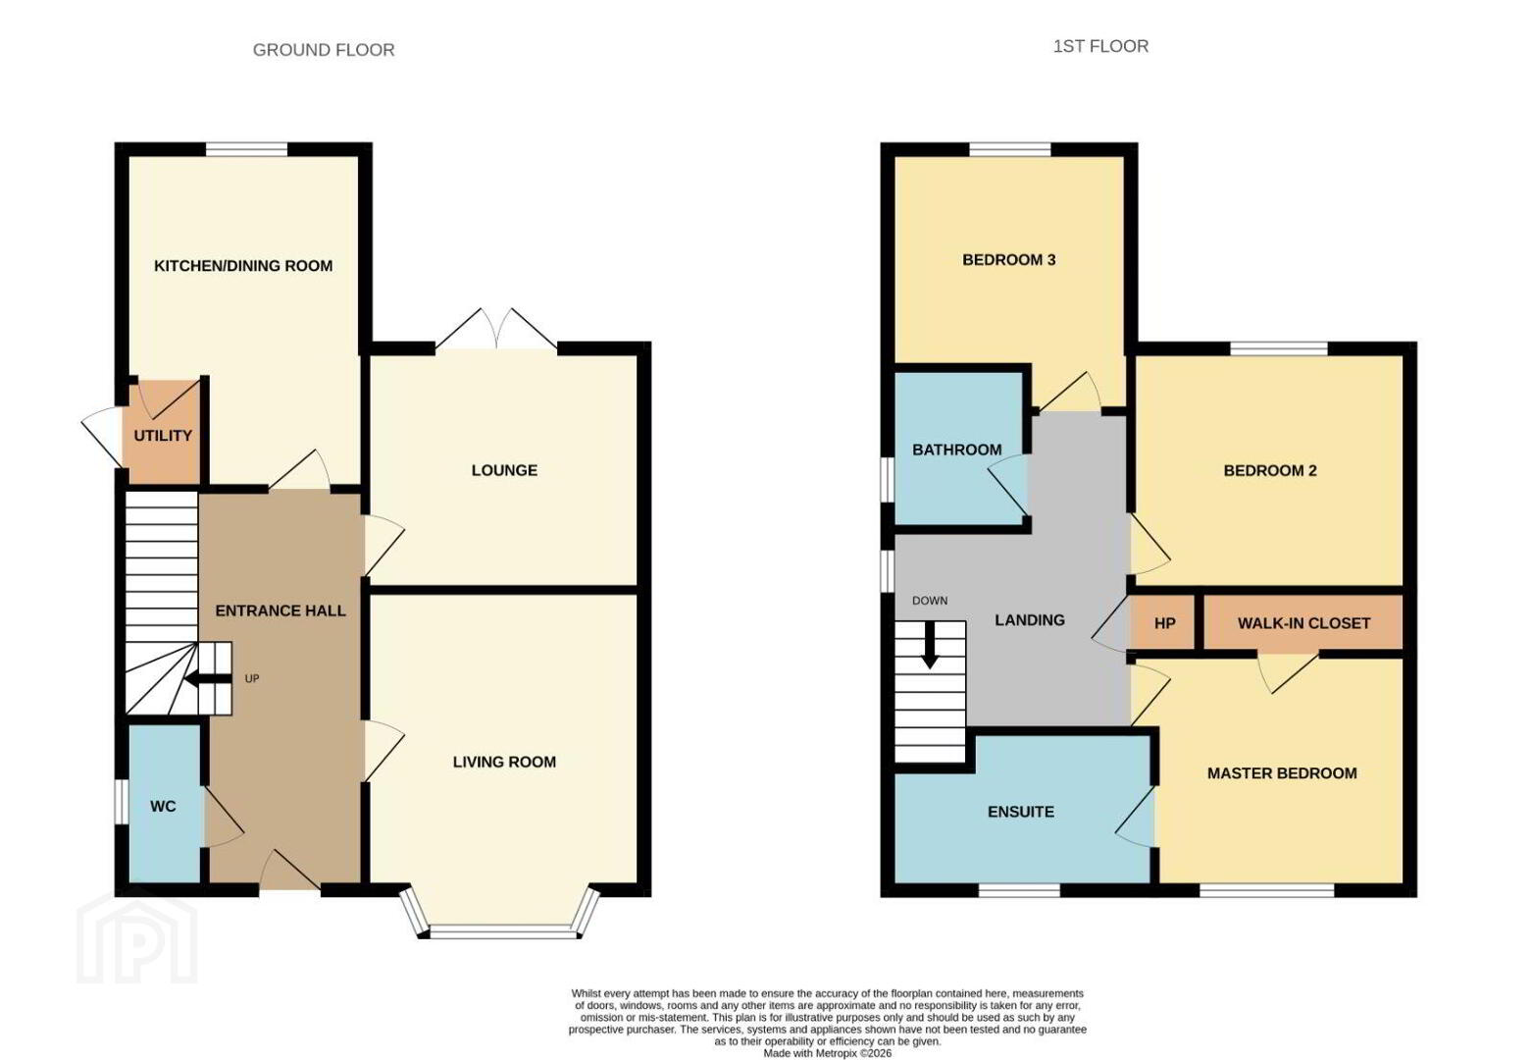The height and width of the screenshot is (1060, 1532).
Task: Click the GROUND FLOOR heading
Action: pyautogui.click(x=324, y=50)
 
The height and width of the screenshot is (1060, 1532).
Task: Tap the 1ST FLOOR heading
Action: pyautogui.click(x=1100, y=46)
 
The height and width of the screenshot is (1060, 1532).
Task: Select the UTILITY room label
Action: pyautogui.click(x=163, y=436)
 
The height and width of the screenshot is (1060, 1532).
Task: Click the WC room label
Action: pyautogui.click(x=163, y=806)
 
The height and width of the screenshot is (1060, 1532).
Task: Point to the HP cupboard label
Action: pyautogui.click(x=1165, y=623)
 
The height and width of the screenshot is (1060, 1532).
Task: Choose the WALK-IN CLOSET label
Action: pyautogui.click(x=1303, y=623)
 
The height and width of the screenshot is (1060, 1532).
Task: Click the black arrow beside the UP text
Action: pyautogui.click(x=208, y=679)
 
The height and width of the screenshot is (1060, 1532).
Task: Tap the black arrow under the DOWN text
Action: pyautogui.click(x=930, y=645)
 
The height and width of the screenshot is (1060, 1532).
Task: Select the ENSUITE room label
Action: pyautogui.click(x=1020, y=812)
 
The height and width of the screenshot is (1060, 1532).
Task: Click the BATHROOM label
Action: pyautogui.click(x=957, y=450)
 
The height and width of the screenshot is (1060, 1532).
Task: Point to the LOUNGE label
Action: pyautogui.click(x=504, y=470)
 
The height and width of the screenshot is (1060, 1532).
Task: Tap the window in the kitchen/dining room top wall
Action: pyautogui.click(x=247, y=149)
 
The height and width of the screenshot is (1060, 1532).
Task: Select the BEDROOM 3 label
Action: pyautogui.click(x=1009, y=260)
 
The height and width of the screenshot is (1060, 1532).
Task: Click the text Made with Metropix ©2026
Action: pyautogui.click(x=828, y=1053)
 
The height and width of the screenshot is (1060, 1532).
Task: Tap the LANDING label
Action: pyautogui.click(x=1029, y=620)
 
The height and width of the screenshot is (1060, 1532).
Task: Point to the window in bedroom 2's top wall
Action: pyautogui.click(x=1278, y=347)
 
